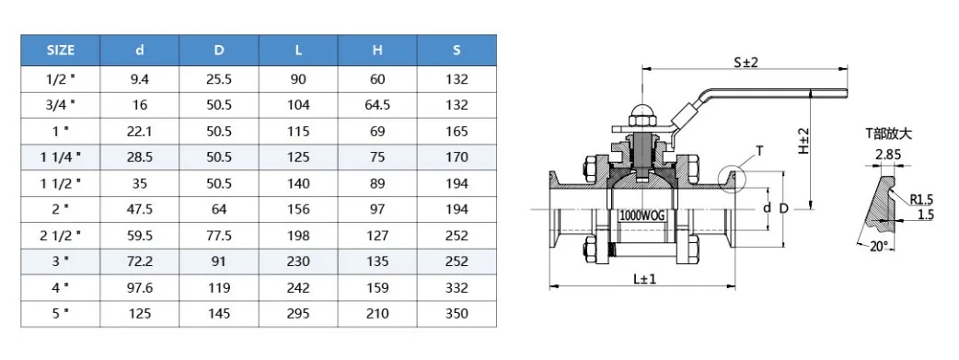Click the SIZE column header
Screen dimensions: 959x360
click(x=60, y=51)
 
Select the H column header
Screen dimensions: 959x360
click(x=377, y=51)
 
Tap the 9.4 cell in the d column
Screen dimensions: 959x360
click(x=140, y=79)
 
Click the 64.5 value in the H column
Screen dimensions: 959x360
click(x=377, y=105)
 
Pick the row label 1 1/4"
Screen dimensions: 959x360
click(x=60, y=157)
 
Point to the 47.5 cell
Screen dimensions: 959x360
click(x=140, y=209)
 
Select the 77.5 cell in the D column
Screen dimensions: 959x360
click(x=219, y=236)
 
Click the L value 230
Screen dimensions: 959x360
click(x=298, y=261)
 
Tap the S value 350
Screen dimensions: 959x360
click(x=456, y=314)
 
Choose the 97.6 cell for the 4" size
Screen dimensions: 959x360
click(x=140, y=288)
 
